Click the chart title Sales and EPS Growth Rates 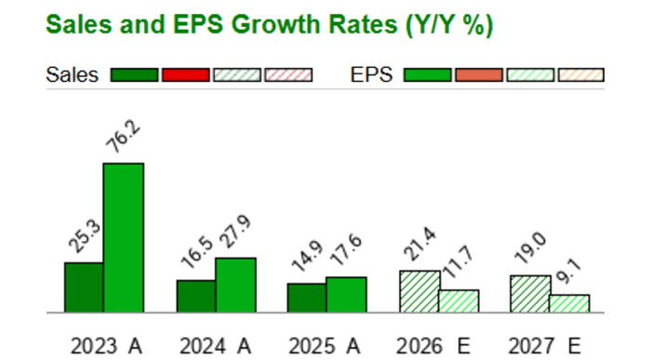269,25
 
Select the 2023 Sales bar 84,287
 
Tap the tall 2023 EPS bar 123,238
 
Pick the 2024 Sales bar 195,296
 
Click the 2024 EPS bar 235,285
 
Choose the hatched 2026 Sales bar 419,291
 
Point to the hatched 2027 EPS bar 569,303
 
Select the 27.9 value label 237,234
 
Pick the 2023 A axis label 106,346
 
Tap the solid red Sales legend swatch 185,75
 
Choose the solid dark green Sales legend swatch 134,75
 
